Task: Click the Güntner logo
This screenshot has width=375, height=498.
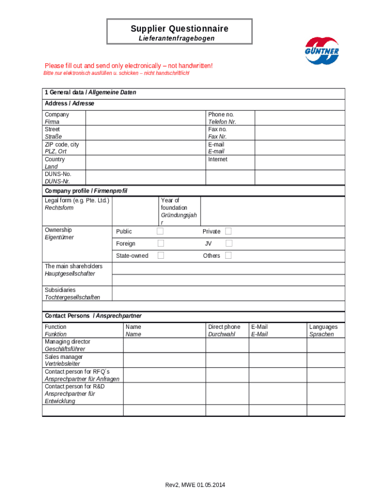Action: [321, 51]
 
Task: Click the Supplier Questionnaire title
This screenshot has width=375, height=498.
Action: [179, 29]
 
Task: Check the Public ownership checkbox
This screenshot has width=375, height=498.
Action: [160, 231]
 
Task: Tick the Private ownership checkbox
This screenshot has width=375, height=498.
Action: [228, 231]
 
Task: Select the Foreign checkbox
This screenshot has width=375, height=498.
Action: [160, 243]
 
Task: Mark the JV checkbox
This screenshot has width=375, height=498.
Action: [228, 243]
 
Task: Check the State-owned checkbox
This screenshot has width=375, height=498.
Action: [160, 255]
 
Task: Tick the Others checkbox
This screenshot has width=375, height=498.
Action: [228, 255]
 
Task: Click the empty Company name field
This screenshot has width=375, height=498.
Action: [145, 118]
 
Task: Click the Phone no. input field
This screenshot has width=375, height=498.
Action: [300, 118]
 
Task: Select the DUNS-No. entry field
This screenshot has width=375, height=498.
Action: [145, 178]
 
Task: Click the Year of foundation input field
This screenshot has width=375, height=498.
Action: [272, 211]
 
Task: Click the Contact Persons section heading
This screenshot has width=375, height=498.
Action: [93, 316]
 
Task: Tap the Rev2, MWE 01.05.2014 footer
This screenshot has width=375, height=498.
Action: [195, 485]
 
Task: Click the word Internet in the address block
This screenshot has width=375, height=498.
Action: [218, 160]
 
